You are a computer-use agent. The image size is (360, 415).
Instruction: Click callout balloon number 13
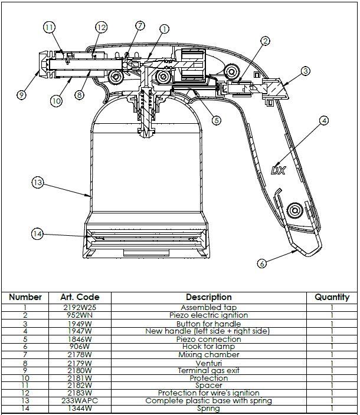pos(37,183)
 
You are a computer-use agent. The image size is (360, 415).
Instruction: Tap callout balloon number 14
pos(37,234)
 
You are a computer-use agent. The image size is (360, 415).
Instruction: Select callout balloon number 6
pos(262,264)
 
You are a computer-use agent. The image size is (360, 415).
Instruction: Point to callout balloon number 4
pos(324,121)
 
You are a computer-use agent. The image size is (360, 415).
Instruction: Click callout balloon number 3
pos(305,71)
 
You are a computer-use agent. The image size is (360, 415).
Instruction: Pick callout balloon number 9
pos(22,94)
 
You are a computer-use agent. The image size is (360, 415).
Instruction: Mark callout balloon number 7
pos(140,25)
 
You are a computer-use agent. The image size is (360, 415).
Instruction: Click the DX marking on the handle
pos(279,170)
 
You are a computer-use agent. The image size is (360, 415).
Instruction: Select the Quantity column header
pos(332,297)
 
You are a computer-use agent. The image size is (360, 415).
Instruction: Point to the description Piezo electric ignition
pos(208,315)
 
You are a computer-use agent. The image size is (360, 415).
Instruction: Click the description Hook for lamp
pos(208,347)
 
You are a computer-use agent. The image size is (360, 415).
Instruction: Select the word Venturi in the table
pos(208,363)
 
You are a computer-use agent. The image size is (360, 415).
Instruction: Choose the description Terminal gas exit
pos(208,370)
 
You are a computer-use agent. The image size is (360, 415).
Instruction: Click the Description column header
pos(208,297)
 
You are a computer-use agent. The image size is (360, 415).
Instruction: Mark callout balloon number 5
pos(217,120)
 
